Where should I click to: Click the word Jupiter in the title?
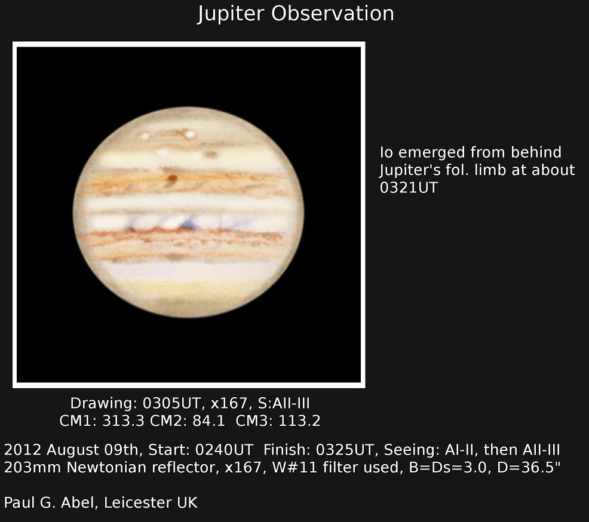click(x=231, y=14)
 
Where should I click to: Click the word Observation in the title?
click(x=333, y=13)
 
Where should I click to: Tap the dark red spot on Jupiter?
click(x=173, y=178)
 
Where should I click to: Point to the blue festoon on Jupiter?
click(x=190, y=224)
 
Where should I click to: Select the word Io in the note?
click(x=386, y=152)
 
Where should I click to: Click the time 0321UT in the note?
click(x=409, y=188)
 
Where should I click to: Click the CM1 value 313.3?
click(x=123, y=420)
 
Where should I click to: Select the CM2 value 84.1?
click(x=208, y=420)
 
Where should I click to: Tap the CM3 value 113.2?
click(x=299, y=420)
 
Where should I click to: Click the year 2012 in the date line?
click(x=20, y=450)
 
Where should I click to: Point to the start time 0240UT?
click(x=224, y=450)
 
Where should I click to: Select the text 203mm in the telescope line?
click(x=33, y=467)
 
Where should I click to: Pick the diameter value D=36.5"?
click(x=529, y=467)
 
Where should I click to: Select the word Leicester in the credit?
click(x=138, y=502)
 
